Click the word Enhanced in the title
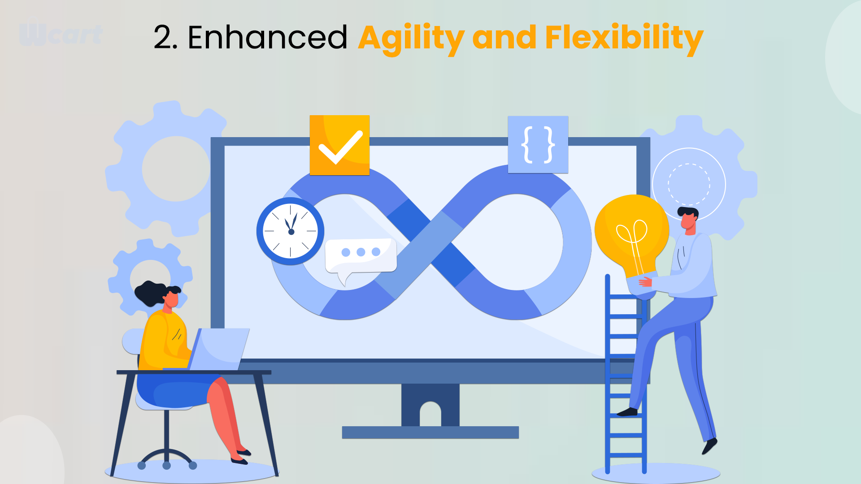tap(268, 37)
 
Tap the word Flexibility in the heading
tap(624, 39)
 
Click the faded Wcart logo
tap(61, 32)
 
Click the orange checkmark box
tap(339, 145)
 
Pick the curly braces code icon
tap(538, 145)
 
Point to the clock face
tap(291, 231)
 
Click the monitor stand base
tap(430, 432)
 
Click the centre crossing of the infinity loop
tap(430, 242)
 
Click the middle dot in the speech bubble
tap(361, 252)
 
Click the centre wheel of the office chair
tap(167, 466)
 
